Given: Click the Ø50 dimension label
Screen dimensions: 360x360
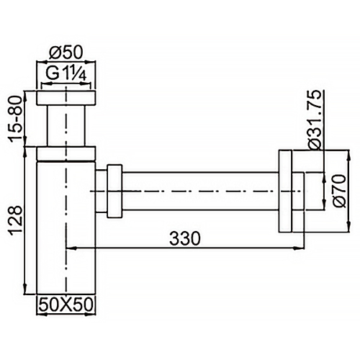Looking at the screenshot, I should (67, 52).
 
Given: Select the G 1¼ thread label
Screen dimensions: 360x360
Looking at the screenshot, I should (66, 73).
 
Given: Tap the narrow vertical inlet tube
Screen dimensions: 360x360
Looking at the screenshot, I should (66, 127).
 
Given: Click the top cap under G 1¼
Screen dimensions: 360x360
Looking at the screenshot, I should (66, 99).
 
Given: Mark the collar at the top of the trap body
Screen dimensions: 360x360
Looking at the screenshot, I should (66, 153).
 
